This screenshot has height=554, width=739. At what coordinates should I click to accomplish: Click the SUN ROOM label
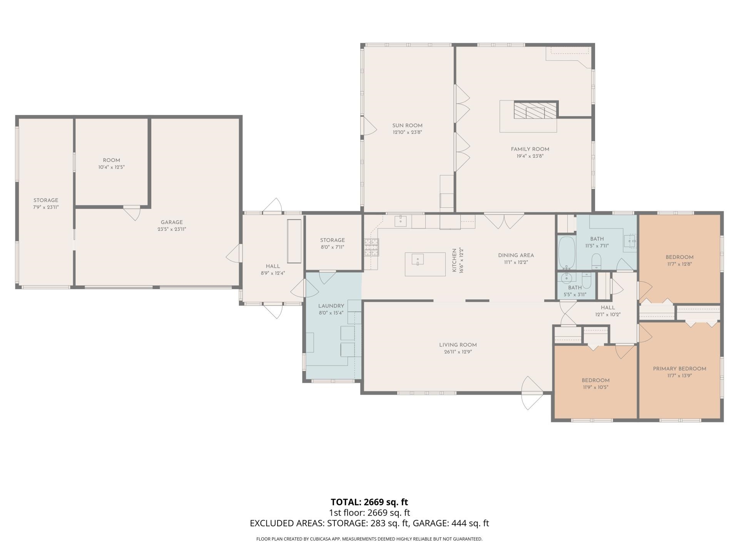click(407, 125)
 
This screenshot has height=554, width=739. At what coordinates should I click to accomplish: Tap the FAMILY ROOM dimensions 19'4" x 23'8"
click(530, 156)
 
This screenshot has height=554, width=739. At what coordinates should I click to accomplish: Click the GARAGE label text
click(172, 222)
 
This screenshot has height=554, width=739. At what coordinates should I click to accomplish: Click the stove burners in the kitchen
click(371, 247)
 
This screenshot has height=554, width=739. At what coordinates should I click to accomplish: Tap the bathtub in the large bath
click(566, 253)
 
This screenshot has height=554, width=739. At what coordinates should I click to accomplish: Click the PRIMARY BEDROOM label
click(679, 369)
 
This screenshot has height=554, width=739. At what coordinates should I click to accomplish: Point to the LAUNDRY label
click(331, 306)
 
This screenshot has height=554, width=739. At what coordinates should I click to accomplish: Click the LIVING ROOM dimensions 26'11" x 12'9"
click(458, 352)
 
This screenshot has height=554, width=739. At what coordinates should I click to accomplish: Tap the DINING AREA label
click(516, 255)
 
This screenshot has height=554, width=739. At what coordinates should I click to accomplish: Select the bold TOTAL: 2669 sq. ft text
click(369, 502)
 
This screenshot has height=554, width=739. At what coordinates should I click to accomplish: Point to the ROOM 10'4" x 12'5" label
click(111, 164)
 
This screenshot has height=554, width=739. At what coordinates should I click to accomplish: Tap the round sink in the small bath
click(566, 278)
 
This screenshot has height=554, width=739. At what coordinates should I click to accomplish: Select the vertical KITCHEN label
click(454, 260)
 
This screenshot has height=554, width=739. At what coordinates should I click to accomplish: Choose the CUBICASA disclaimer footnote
click(369, 539)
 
